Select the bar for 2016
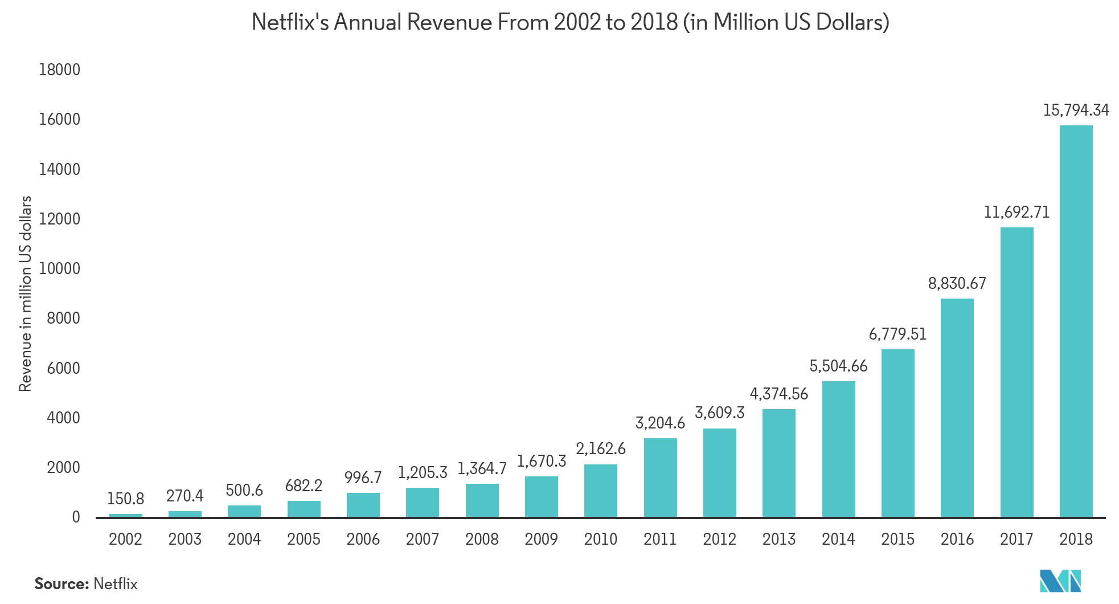tap(957, 407)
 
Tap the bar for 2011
tap(660, 478)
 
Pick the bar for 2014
tap(838, 449)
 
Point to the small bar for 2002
tap(125, 515)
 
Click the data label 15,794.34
tap(1076, 110)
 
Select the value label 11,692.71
tap(1016, 212)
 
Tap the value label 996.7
tap(363, 478)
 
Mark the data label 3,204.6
tap(660, 423)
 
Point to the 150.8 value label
tap(125, 499)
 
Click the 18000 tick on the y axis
tap(59, 70)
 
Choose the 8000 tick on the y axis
tap(63, 318)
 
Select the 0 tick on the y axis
tap(76, 517)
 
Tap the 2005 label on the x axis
tap(304, 539)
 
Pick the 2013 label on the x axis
tap(778, 539)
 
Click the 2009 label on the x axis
tap(541, 539)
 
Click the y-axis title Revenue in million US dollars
tap(25, 293)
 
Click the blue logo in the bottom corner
tap(1059, 581)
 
